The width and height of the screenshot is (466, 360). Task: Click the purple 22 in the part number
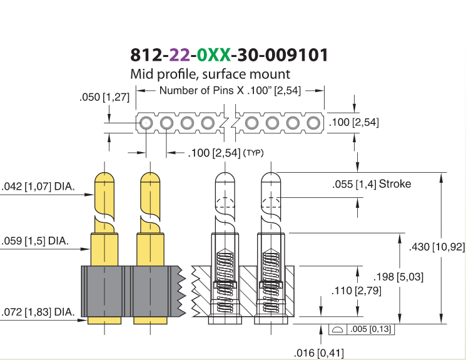pyautogui.click(x=180, y=54)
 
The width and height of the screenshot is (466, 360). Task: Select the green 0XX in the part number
pyautogui.click(x=214, y=54)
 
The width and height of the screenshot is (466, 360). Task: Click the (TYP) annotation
pyautogui.click(x=253, y=153)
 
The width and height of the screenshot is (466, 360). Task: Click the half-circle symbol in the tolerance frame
pyautogui.click(x=337, y=329)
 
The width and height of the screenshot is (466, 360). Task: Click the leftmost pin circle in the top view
pyautogui.click(x=146, y=123)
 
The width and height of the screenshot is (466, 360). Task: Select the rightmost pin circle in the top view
pyautogui.click(x=313, y=123)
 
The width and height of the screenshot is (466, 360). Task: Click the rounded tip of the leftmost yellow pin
pyautogui.click(x=104, y=177)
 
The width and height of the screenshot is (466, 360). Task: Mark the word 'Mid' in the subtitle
pyautogui.click(x=142, y=74)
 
